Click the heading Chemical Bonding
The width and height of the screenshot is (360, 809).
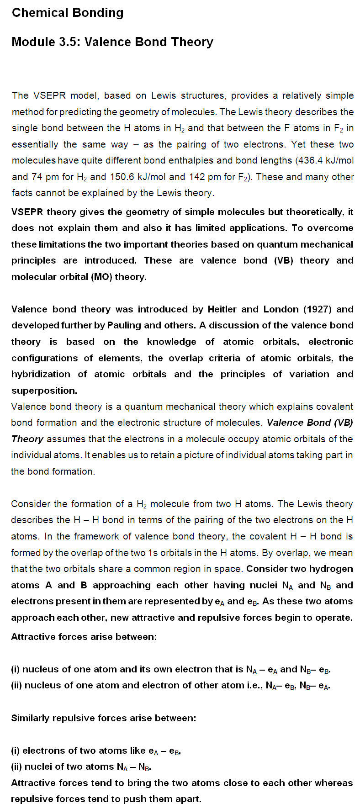coord(68,13)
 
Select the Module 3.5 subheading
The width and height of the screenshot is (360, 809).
coord(112,42)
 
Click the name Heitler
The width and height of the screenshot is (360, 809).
coord(221,309)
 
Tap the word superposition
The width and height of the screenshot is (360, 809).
coord(44,391)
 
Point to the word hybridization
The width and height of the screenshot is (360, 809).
coord(41,374)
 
